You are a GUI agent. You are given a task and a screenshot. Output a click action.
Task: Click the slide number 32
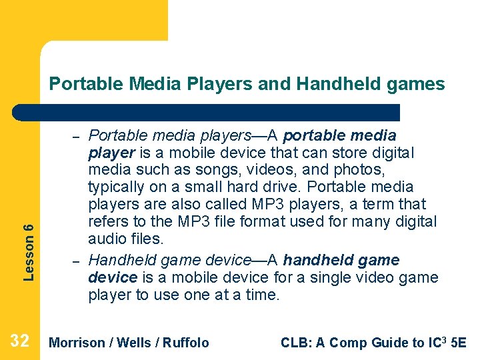click(x=20, y=341)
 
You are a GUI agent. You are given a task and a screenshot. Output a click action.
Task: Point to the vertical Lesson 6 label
click(x=28, y=251)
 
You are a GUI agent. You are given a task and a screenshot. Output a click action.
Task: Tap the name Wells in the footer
click(x=133, y=343)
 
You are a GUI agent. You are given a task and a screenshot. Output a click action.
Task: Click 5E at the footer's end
click(x=459, y=343)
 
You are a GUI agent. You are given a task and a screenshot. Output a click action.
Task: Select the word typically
click(x=117, y=187)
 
